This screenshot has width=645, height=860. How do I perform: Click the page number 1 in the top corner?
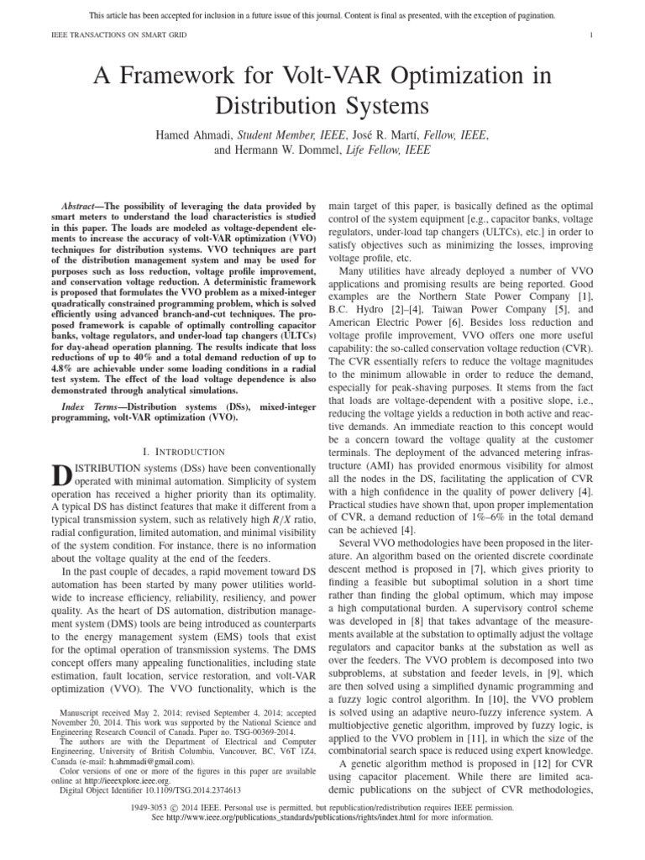(x=592, y=34)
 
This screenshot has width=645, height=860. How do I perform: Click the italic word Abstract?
(x=85, y=206)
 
